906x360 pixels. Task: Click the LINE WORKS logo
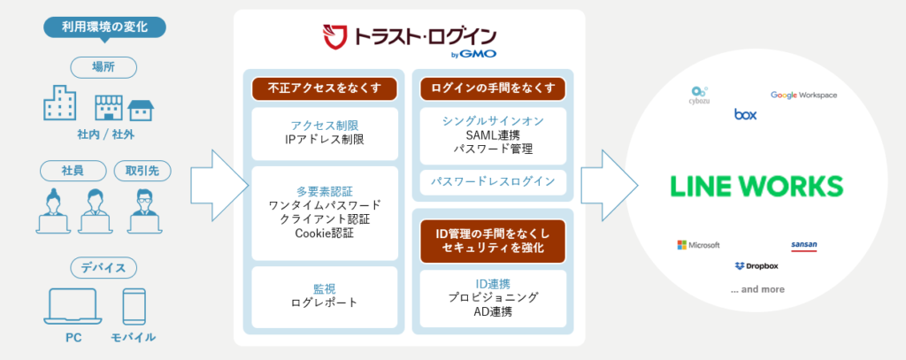click(x=756, y=187)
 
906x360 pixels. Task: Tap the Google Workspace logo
click(x=803, y=95)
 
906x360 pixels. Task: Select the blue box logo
click(x=745, y=114)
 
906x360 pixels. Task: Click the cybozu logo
click(x=700, y=95)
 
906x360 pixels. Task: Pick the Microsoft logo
click(x=698, y=244)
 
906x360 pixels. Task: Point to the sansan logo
click(x=804, y=245)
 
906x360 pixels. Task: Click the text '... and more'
click(x=757, y=289)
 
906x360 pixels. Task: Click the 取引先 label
click(x=142, y=170)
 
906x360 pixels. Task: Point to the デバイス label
click(x=104, y=266)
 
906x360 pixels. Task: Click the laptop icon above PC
click(x=72, y=306)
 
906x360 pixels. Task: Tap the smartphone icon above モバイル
click(x=134, y=306)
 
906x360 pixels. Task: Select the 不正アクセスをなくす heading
click(x=322, y=88)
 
